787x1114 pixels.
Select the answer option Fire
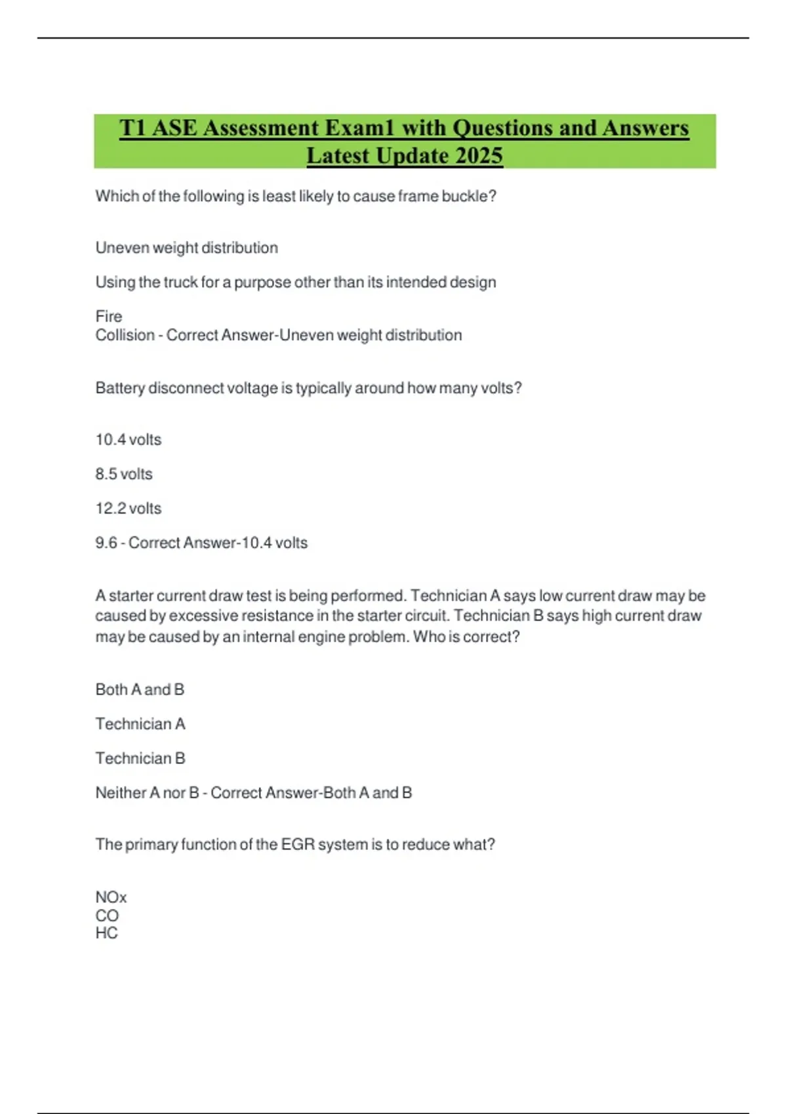pyautogui.click(x=109, y=317)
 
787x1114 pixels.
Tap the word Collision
pyautogui.click(x=125, y=336)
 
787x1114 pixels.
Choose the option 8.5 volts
pyautogui.click(x=124, y=474)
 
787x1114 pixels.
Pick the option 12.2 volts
pyautogui.click(x=129, y=509)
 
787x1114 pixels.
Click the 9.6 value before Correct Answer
pyautogui.click(x=106, y=543)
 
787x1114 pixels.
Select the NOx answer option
pyautogui.click(x=111, y=897)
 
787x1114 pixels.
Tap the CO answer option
pyautogui.click(x=107, y=915)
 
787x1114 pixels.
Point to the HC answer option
pyautogui.click(x=106, y=933)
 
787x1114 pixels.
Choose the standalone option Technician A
pyautogui.click(x=140, y=724)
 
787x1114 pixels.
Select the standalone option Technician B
pyautogui.click(x=140, y=759)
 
